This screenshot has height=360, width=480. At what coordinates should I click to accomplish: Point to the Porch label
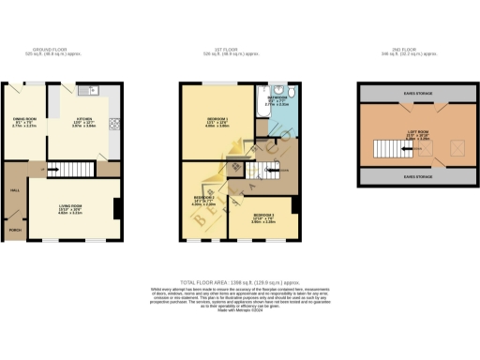click(x=14, y=229)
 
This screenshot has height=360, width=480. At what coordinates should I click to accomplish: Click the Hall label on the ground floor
click(x=14, y=188)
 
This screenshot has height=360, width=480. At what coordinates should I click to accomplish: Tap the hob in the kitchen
click(x=113, y=122)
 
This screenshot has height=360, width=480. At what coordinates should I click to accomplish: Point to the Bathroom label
click(x=277, y=99)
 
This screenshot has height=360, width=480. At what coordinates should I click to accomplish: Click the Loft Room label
click(x=409, y=135)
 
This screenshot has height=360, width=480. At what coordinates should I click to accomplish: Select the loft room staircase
click(x=386, y=149)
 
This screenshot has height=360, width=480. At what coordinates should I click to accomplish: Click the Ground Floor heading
click(x=52, y=50)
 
